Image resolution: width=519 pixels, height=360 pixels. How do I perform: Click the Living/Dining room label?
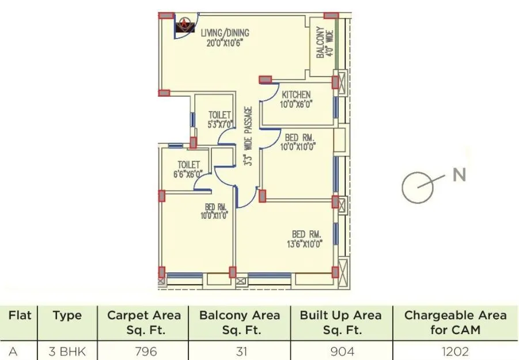point(226,36)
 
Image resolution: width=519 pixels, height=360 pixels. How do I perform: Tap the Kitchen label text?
point(296,99)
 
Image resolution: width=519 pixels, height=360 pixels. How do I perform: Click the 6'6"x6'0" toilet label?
point(189,169)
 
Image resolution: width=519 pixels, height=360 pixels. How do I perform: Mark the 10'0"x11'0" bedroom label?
point(215,211)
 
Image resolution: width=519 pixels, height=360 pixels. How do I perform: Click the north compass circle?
point(417,187)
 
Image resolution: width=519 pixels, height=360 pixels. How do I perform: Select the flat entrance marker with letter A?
point(184,24)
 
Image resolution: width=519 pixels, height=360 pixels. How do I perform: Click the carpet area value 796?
point(145,351)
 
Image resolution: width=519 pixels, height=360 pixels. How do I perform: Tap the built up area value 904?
point(340,351)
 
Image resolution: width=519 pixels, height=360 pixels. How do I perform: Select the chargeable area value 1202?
point(455,351)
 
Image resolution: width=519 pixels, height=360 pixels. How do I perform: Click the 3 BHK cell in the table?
point(67,351)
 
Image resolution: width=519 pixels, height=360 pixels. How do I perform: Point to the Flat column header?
point(20,315)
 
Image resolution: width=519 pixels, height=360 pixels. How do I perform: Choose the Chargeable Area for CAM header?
point(455,323)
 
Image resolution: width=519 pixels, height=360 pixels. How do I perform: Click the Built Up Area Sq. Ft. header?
point(340,323)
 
